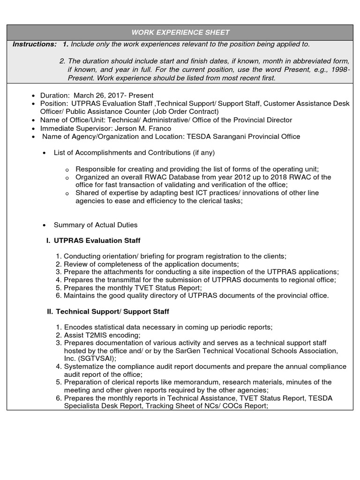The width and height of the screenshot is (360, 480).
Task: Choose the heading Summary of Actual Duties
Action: (x=96, y=225)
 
